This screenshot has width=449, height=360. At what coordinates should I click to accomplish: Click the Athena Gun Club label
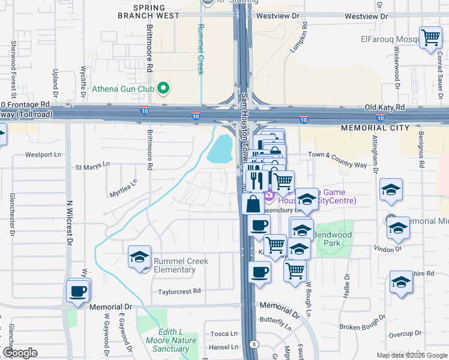coord(123,90)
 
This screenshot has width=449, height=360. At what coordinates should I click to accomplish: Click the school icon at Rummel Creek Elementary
coord(139,258)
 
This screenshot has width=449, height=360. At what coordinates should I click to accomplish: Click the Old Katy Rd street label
coord(385,107)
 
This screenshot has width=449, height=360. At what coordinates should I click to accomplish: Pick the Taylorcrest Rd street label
coord(179,291)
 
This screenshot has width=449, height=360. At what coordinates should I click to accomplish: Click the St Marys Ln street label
coord(92,164)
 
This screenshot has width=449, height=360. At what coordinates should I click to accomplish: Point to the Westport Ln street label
coord(43,154)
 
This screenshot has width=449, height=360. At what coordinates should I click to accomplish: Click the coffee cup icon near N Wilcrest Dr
coord(79,291)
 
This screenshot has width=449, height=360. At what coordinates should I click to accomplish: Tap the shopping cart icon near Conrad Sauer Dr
coord(431,38)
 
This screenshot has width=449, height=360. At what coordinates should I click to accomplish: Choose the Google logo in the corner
coord(20,353)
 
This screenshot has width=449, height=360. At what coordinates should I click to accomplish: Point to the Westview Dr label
coord(278,16)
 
